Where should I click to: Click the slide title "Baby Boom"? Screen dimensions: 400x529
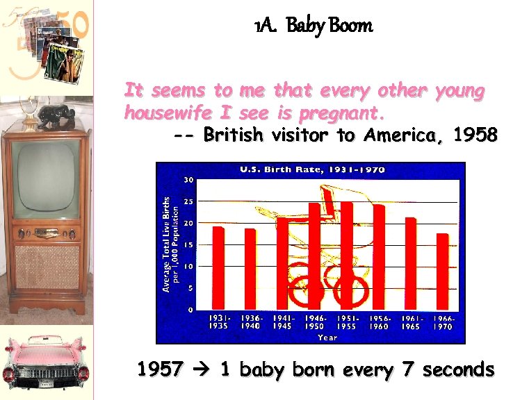click(314, 26)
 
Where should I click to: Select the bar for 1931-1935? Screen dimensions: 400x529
click(218, 267)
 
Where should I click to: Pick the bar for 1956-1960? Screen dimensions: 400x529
click(379, 256)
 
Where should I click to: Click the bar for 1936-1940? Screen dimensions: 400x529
click(250, 268)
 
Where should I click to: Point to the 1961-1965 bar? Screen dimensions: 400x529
click(411, 262)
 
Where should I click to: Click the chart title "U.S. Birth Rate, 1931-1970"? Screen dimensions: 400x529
click(312, 169)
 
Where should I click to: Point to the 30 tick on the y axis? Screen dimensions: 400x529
click(188, 179)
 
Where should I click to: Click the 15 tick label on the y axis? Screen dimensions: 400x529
click(188, 244)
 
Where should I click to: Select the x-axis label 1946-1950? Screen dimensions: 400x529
click(315, 322)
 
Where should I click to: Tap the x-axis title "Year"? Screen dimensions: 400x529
click(327, 337)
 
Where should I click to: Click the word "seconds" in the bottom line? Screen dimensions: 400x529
click(459, 369)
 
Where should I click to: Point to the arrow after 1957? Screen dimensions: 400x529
click(202, 370)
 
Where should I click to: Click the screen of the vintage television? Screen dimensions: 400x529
click(47, 176)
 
